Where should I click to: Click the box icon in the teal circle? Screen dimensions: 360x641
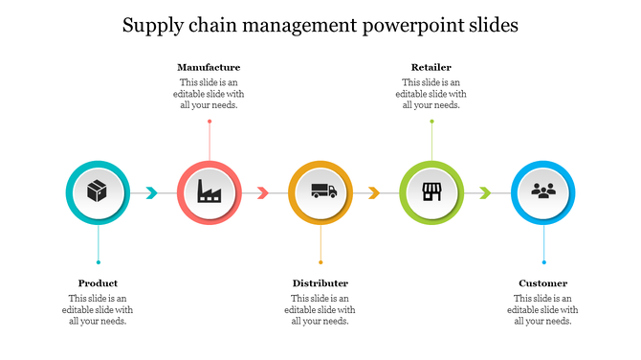(x=97, y=191)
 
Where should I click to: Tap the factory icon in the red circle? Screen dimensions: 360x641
(x=209, y=191)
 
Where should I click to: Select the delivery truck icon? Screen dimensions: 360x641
(x=320, y=191)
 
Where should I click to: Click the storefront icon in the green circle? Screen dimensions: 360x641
(x=431, y=191)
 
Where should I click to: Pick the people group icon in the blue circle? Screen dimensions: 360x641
(x=543, y=191)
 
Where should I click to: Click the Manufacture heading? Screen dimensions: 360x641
(x=209, y=67)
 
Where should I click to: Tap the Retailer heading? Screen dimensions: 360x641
(x=431, y=67)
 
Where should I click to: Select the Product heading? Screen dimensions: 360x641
(x=98, y=283)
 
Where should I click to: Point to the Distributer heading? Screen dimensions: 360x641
(x=320, y=283)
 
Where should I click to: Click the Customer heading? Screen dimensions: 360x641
(x=543, y=283)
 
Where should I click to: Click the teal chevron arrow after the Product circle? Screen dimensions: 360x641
(x=151, y=193)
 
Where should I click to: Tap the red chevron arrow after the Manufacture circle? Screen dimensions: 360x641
(x=263, y=193)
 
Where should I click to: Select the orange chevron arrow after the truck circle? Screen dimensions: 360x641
(x=374, y=193)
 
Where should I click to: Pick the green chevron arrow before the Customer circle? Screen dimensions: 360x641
(x=486, y=193)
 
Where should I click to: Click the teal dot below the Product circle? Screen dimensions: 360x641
(x=98, y=262)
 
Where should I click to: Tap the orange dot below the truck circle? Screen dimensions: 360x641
(x=320, y=262)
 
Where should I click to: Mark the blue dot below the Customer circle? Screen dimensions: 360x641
(x=543, y=262)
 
